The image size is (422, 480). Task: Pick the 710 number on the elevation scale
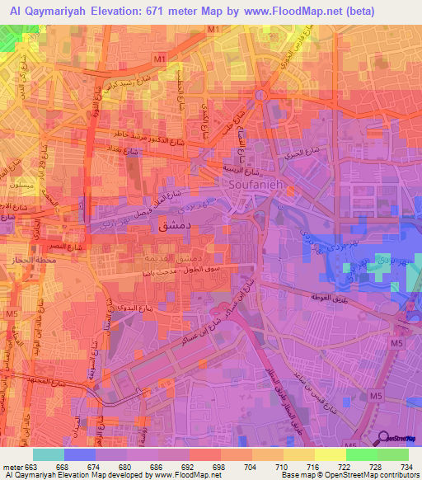282,467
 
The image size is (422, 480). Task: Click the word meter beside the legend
12,467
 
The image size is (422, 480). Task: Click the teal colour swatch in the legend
48,454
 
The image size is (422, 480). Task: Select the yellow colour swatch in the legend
330,454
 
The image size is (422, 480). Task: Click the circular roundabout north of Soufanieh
260,95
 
